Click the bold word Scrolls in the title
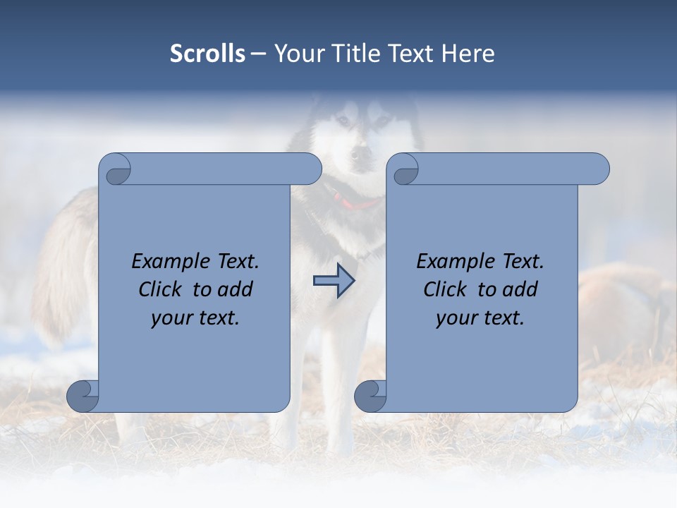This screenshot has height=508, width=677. tap(207, 54)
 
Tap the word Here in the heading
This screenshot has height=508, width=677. tap(468, 54)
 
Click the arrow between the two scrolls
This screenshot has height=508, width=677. tap(334, 281)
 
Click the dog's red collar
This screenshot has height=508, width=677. tap(358, 205)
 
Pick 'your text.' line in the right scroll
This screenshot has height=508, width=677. tap(480, 318)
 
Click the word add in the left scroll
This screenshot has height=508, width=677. tap(236, 290)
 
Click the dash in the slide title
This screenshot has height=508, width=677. tap(259, 54)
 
